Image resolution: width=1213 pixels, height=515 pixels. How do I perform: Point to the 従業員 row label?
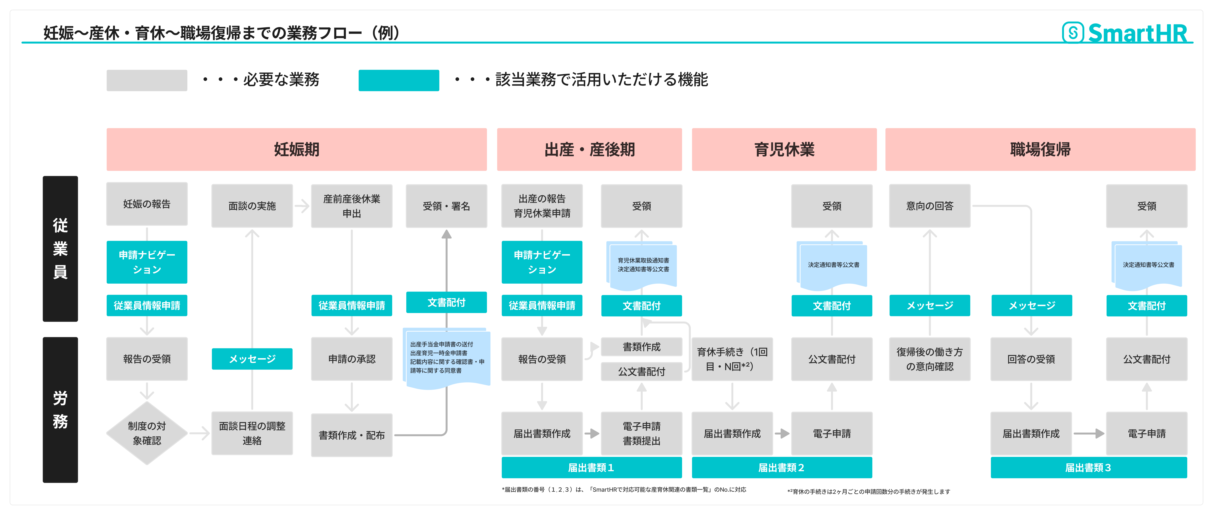(x=60, y=249)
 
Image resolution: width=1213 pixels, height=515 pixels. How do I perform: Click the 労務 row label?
(x=60, y=410)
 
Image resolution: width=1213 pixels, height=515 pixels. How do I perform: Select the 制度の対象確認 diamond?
(x=147, y=433)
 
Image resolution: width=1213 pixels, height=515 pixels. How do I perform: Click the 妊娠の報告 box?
(x=147, y=204)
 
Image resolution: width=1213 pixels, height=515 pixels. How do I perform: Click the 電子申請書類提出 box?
(x=641, y=433)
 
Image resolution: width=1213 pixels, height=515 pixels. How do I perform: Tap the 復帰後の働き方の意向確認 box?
(x=930, y=359)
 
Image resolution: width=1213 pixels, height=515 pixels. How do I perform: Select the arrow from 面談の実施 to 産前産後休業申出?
(x=302, y=206)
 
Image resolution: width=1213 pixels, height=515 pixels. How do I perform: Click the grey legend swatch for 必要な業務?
(x=147, y=80)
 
